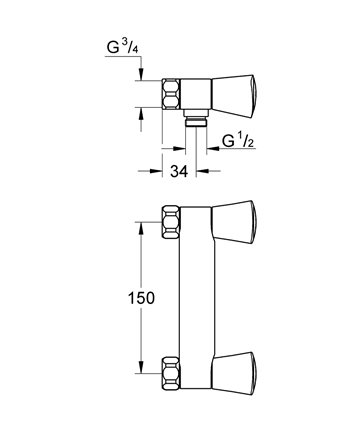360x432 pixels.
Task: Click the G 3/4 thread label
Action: point(122,47)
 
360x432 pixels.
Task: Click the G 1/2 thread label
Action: point(238,142)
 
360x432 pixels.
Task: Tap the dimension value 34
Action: point(179,171)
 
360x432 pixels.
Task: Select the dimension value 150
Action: point(141,298)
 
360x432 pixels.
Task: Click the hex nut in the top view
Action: point(171,94)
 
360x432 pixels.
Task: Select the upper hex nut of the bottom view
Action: point(171,222)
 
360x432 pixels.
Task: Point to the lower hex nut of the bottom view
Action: point(171,373)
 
